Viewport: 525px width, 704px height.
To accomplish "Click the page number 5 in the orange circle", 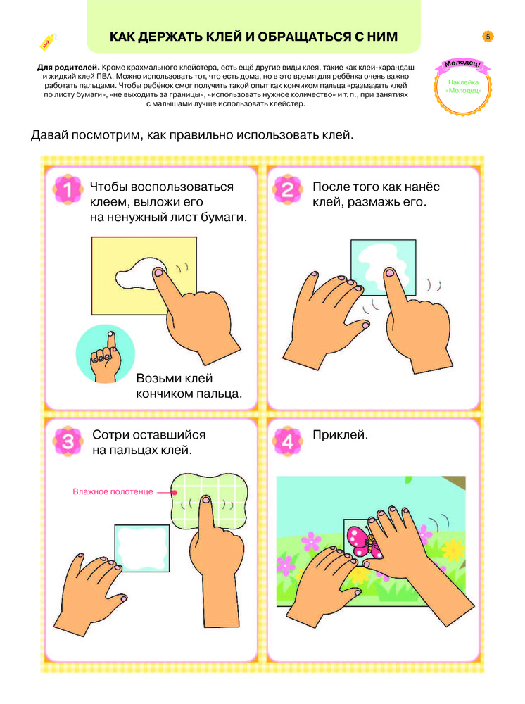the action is click(x=488, y=37).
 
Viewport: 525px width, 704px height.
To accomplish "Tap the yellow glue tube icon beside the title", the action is click(x=48, y=42).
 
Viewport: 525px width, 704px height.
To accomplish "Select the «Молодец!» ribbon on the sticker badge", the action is click(x=462, y=64).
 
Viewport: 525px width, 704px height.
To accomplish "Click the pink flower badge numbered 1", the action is click(x=68, y=189).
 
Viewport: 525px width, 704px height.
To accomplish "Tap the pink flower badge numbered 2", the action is click(x=288, y=189).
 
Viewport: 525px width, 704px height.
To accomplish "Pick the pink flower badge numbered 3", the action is click(x=68, y=441).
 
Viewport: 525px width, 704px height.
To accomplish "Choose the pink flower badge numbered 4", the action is click(x=288, y=441).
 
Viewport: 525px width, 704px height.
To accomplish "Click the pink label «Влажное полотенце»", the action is click(x=113, y=491).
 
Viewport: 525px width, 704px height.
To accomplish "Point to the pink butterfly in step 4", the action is click(x=364, y=541).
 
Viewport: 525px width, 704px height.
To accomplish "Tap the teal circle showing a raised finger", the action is click(x=106, y=354).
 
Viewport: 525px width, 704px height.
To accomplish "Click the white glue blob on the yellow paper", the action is click(x=139, y=274).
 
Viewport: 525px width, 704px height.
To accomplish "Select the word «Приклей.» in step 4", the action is click(x=340, y=434).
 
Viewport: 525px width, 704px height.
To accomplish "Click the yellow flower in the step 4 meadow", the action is click(x=454, y=548).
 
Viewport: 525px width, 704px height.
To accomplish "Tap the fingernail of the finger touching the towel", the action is click(x=206, y=499).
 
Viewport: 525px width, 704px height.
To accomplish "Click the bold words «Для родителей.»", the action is click(x=68, y=68).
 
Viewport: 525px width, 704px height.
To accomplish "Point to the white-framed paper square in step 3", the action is click(x=141, y=548).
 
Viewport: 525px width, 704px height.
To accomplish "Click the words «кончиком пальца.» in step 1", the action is click(x=189, y=394).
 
